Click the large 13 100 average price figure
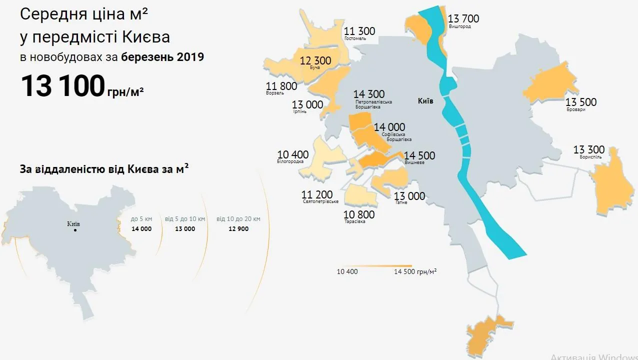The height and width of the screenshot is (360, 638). click(62, 86)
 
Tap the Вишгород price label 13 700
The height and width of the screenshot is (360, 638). click(463, 19)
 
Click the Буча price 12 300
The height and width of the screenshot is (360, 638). click(315, 61)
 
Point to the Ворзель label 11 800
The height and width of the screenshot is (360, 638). click(281, 86)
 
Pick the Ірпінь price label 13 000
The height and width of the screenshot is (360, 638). click(307, 104)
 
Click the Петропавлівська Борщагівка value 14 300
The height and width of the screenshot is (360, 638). click(369, 94)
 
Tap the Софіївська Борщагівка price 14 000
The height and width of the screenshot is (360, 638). click(389, 127)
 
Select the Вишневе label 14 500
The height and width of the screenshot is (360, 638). click(419, 155)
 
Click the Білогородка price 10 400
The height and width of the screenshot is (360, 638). click(292, 154)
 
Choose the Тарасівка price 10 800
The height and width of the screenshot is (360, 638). click(358, 215)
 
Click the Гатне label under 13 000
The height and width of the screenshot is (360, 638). click(401, 202)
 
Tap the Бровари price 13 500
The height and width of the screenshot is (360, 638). click(581, 102)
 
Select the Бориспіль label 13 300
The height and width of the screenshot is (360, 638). click(588, 150)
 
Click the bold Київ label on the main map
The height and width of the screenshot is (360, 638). click(425, 101)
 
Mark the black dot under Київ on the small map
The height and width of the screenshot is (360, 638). click(75, 230)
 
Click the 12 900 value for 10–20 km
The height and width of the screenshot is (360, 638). click(238, 229)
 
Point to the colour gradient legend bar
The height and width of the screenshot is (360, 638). click(374, 266)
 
